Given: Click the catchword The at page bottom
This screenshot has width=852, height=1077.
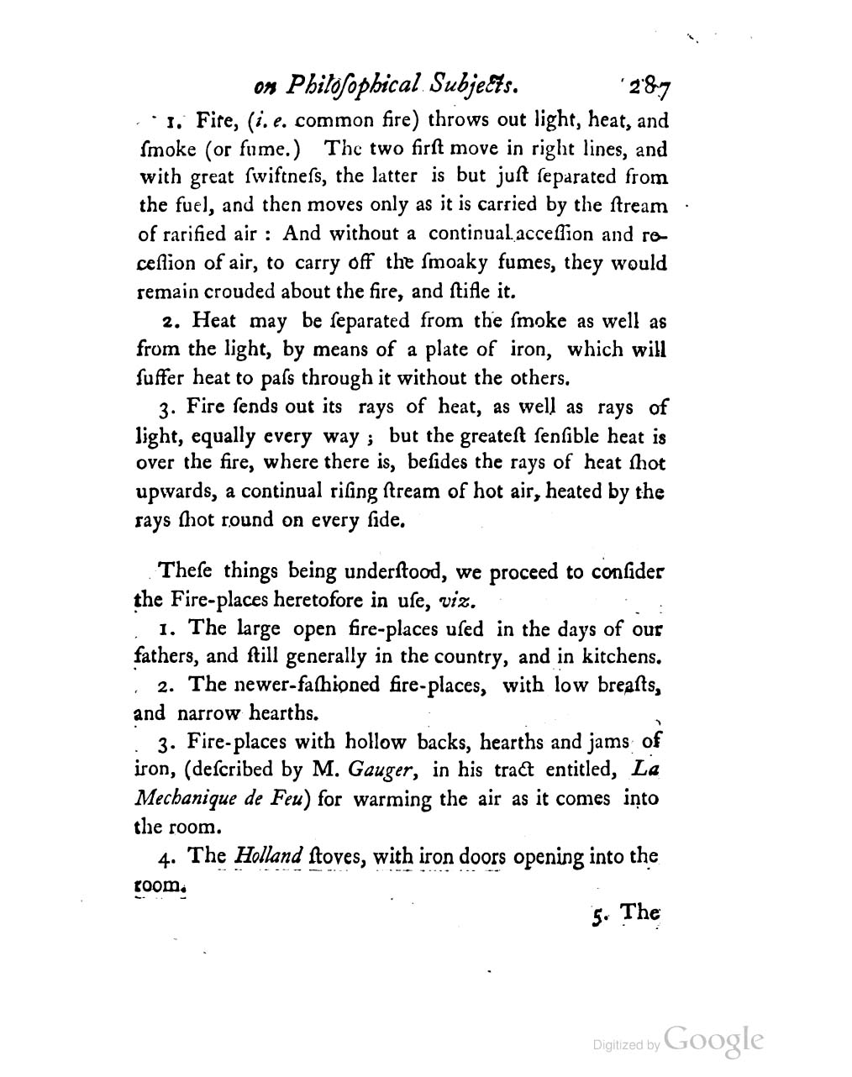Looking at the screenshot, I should tap(641, 913).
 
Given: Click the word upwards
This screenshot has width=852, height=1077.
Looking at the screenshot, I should tap(170, 491).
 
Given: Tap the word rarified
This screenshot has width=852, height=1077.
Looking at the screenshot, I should tap(196, 234).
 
